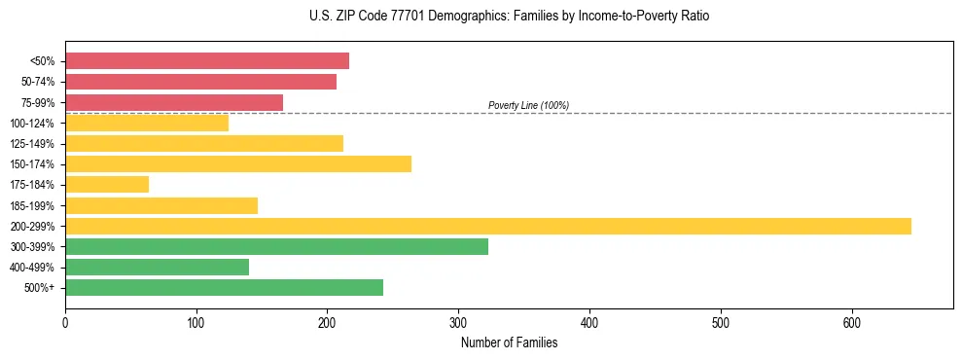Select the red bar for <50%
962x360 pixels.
point(207,61)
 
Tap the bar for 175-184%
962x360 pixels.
point(107,185)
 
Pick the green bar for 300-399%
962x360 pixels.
point(276,246)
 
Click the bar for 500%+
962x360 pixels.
point(224,287)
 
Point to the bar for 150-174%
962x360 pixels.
point(238,163)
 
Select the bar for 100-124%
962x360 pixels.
point(147,123)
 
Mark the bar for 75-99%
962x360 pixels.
point(174,102)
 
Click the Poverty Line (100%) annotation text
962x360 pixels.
point(528,105)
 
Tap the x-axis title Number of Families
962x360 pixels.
point(509,342)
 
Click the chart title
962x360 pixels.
point(509,17)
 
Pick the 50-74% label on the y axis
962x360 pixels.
point(38,82)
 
